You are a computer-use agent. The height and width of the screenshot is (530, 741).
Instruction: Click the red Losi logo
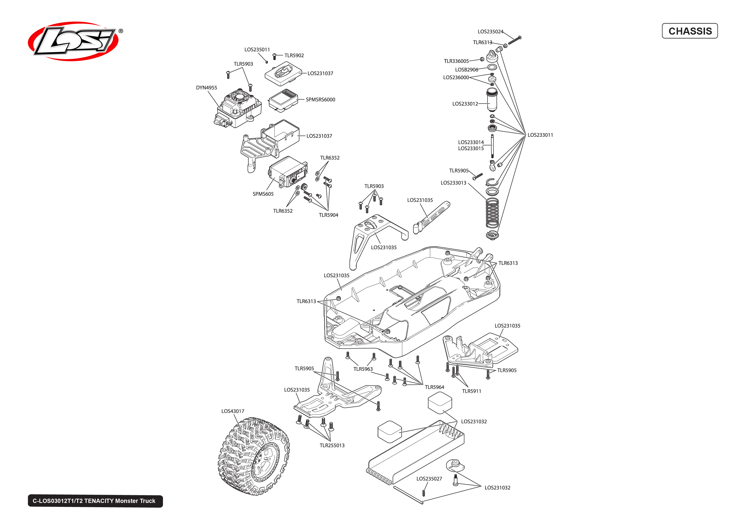[73, 41]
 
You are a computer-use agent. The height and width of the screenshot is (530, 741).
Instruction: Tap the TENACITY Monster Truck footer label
[95, 501]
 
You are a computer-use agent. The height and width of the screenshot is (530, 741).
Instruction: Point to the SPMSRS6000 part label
[320, 100]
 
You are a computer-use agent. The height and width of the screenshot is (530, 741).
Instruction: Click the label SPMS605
[263, 194]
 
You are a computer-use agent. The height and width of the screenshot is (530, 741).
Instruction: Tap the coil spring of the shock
[492, 213]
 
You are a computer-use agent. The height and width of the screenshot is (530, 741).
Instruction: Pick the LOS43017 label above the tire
[233, 411]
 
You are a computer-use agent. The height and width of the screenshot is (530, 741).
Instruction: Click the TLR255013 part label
[332, 445]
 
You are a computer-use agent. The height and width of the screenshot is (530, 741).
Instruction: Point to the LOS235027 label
[429, 479]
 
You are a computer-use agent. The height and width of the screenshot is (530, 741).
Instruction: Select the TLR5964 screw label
[434, 387]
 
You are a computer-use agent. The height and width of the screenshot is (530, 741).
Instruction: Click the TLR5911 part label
[471, 391]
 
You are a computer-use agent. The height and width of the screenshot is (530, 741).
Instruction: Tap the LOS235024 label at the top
[490, 32]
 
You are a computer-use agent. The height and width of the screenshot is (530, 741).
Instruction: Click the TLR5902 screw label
[294, 56]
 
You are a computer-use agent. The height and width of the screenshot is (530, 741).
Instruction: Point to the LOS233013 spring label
[453, 183]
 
